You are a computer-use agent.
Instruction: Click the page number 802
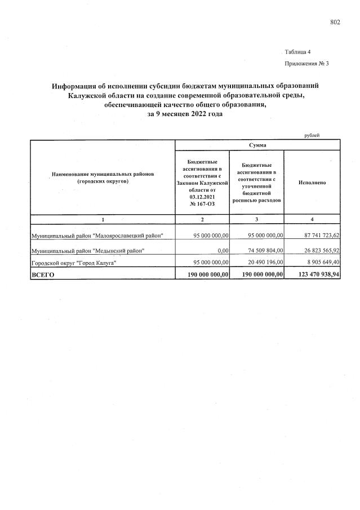[335, 23]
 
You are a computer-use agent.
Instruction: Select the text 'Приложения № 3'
[306, 64]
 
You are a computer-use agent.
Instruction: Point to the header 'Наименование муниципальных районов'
[103, 175]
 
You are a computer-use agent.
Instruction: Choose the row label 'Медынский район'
[88, 250]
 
